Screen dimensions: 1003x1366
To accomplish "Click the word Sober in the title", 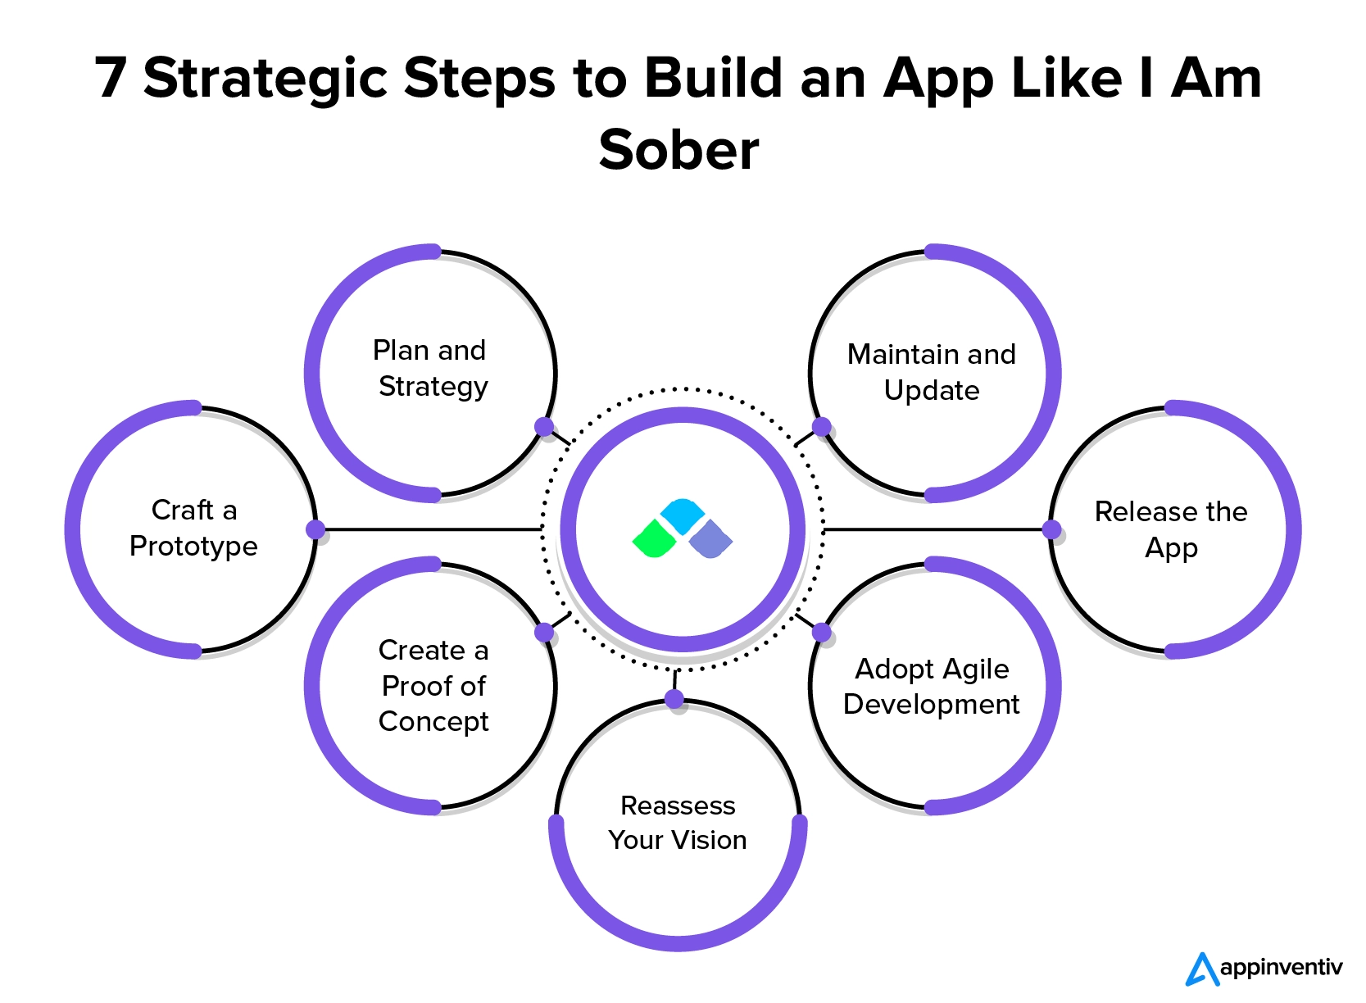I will (x=678, y=150).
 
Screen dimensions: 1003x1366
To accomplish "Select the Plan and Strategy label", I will (x=432, y=368).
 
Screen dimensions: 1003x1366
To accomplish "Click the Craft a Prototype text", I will (x=193, y=528).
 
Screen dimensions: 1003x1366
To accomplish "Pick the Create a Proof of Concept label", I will (x=433, y=685).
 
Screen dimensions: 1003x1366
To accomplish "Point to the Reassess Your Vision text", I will (x=678, y=823).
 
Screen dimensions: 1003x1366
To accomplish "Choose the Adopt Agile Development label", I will (x=932, y=687).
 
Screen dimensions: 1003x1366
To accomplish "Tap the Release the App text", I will (x=1171, y=529).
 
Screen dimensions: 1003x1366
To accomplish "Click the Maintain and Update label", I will (x=932, y=372).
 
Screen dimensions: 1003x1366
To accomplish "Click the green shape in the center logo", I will (x=655, y=539).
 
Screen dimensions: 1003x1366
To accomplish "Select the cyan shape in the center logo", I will (x=682, y=515).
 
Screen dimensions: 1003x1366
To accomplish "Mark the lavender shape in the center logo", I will (x=710, y=539).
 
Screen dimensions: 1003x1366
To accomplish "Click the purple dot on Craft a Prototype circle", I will (x=315, y=529).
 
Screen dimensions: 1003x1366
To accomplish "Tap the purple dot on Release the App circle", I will (x=1051, y=529).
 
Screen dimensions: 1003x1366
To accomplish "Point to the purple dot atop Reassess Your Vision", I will (x=674, y=699).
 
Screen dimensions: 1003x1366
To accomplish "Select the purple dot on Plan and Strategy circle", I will (x=544, y=426).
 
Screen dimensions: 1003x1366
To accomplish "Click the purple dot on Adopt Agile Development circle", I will (x=822, y=632).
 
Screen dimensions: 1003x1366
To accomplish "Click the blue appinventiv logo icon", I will (x=1201, y=969).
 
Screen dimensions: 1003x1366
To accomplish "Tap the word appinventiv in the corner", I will (x=1281, y=968).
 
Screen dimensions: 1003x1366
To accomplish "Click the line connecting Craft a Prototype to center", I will (x=430, y=529).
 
